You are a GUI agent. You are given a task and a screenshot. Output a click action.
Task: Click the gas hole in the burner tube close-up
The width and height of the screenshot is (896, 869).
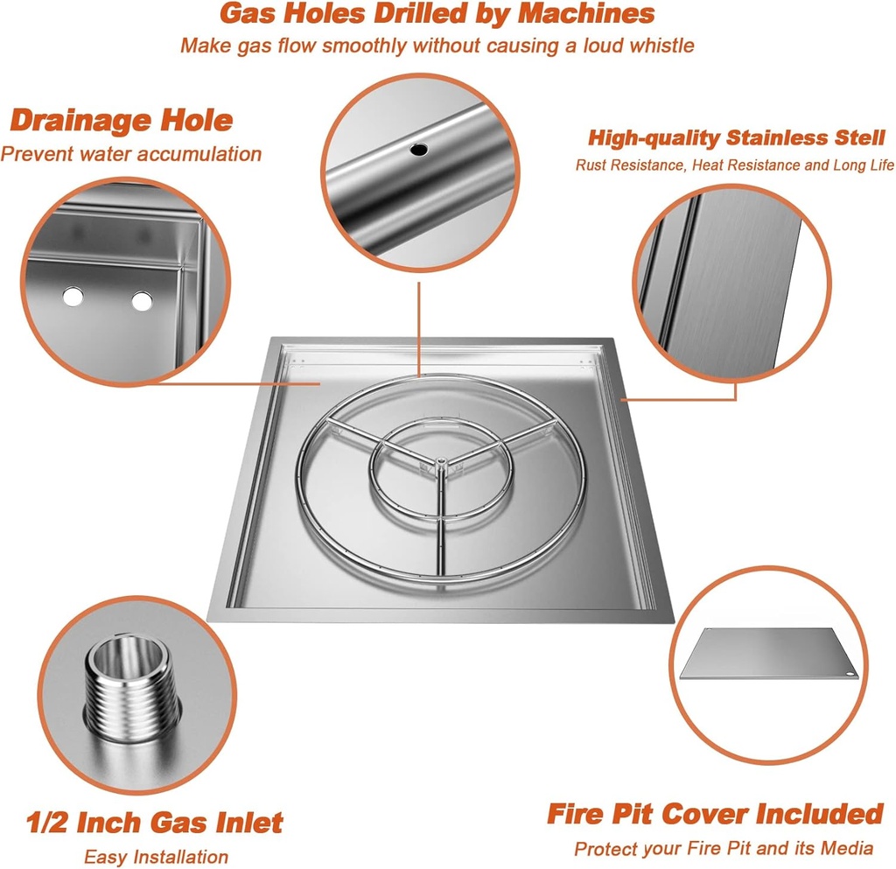[418, 150]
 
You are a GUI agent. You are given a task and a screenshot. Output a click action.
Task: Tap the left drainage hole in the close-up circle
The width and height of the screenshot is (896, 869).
[73, 297]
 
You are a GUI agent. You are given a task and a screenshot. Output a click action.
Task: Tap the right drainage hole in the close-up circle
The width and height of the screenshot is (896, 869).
[142, 301]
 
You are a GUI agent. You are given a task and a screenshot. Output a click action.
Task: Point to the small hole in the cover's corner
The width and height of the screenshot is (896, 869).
[850, 673]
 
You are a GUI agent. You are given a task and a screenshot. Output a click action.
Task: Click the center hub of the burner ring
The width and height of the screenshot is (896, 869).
[441, 460]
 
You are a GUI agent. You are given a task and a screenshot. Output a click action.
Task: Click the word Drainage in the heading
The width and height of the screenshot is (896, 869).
[80, 120]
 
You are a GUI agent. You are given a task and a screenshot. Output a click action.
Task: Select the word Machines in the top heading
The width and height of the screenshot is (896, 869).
[586, 13]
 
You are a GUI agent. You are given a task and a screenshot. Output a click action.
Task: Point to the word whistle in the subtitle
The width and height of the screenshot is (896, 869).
[661, 46]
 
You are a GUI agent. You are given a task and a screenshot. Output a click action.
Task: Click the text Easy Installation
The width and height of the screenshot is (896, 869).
[156, 857]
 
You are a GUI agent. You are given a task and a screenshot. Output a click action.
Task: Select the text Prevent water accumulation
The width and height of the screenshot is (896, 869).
[131, 154]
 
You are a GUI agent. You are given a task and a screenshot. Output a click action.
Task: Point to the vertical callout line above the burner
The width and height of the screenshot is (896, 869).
[419, 329]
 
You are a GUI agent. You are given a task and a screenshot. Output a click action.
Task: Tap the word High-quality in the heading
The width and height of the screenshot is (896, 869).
[654, 138]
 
